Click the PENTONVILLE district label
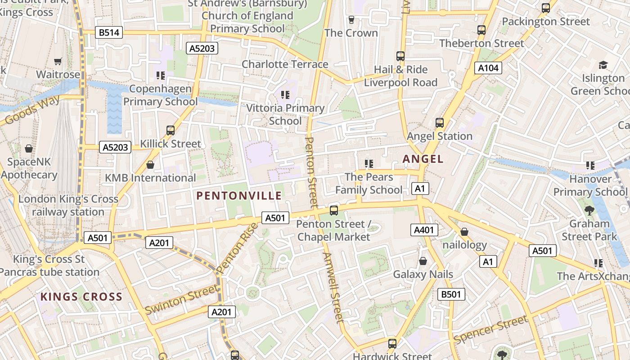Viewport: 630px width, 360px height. click(x=239, y=196)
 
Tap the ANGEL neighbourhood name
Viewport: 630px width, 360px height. click(x=423, y=159)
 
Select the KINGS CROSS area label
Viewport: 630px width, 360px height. click(x=81, y=297)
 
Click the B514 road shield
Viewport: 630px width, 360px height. click(x=109, y=32)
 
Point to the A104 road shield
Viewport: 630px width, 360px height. click(x=488, y=68)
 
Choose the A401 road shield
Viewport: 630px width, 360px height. click(x=424, y=230)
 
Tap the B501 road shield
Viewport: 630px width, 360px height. click(x=451, y=295)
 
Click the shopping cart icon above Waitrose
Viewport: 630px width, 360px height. click(x=58, y=61)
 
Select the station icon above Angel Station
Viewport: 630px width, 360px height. click(x=439, y=122)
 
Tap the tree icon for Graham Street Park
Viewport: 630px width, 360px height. click(x=589, y=210)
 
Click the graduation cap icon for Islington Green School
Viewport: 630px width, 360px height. click(x=603, y=65)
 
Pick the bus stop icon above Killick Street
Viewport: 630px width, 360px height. click(x=170, y=130)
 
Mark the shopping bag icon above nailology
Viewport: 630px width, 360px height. click(x=464, y=232)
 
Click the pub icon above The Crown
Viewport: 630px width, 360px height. click(x=351, y=20)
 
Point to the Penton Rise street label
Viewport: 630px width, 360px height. click(x=237, y=248)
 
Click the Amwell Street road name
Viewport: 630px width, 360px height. click(x=333, y=287)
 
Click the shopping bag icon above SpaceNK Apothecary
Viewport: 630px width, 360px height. click(x=29, y=148)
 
